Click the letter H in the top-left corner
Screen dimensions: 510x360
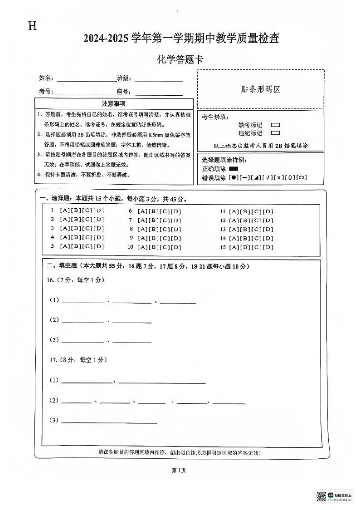coord(32,26)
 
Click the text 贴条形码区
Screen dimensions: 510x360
coord(261,89)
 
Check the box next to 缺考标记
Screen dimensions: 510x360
coord(275,125)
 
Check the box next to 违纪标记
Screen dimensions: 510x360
coord(275,133)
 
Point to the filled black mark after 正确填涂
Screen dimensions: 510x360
coord(234,169)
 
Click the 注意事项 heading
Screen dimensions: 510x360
coord(114,104)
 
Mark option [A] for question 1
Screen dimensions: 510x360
coord(64,211)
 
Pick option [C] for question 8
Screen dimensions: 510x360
coord(165,229)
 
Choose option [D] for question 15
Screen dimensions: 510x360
coord(268,247)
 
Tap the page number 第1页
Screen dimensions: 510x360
coord(179,471)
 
